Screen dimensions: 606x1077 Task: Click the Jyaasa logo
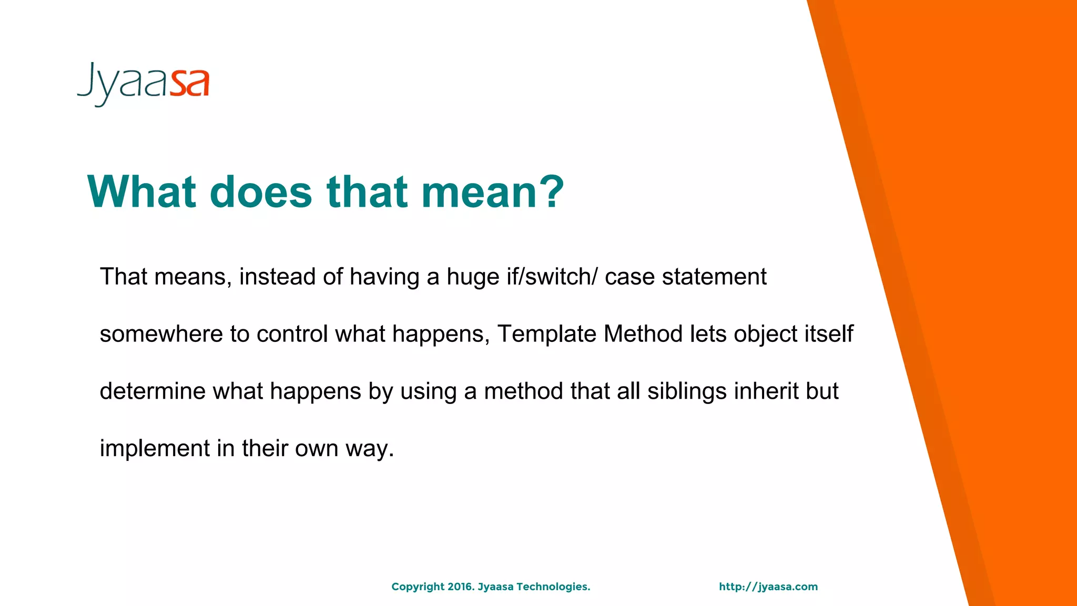[143, 84]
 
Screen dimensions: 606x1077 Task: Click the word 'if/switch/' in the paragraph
[552, 277]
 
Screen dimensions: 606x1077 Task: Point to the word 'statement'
[714, 277]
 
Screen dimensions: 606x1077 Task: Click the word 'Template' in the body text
[546, 334]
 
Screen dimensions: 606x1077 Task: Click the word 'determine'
[152, 391]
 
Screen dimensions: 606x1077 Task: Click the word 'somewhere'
[161, 335]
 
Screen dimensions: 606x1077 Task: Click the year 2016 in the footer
[461, 587]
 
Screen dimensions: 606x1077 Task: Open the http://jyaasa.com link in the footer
[768, 587]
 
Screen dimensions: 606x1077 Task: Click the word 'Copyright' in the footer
[418, 587]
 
